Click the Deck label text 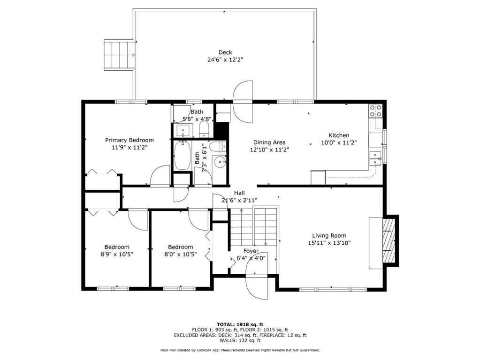click(x=225, y=52)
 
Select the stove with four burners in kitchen click(x=375, y=111)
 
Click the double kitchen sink click(x=375, y=158)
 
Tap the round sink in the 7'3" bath click(x=220, y=162)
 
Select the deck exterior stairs click(x=120, y=55)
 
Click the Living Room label click(x=329, y=236)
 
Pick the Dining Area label click(x=269, y=142)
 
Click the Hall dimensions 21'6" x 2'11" click(x=239, y=200)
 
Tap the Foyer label click(x=251, y=251)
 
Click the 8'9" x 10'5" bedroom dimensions click(x=117, y=255)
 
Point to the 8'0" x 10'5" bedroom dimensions click(x=181, y=255)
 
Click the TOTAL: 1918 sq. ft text click(x=240, y=324)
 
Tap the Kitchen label click(x=338, y=135)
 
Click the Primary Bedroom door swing click(x=160, y=176)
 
